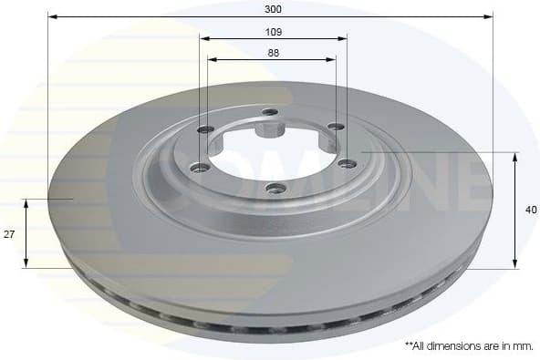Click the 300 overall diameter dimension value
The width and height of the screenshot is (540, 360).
click(x=273, y=8)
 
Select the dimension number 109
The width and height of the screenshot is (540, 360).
click(x=273, y=32)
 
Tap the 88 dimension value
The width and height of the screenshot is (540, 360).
click(x=273, y=52)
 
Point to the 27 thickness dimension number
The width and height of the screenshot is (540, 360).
click(x=9, y=234)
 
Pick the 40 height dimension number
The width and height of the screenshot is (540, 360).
click(x=531, y=210)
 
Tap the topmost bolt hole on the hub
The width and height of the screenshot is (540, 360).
click(x=268, y=112)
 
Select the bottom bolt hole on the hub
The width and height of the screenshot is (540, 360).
click(x=272, y=188)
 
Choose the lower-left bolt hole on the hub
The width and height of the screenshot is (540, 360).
click(x=196, y=167)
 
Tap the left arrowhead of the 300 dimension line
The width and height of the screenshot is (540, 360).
click(x=52, y=15)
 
